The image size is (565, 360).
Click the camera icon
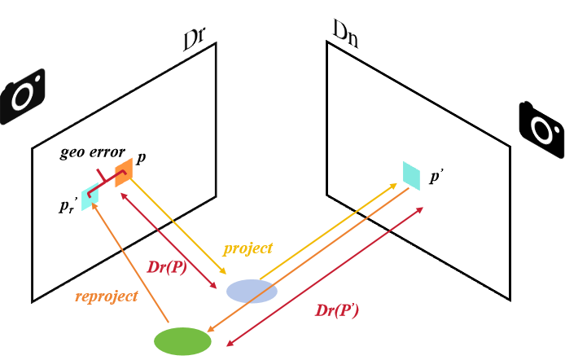(22, 97)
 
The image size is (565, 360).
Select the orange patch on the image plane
(123, 172)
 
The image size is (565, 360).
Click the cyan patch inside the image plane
(90, 197)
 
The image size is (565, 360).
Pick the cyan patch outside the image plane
(411, 175)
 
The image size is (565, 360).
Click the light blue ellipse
(252, 291)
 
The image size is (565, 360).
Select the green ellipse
(183, 341)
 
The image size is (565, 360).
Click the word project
(247, 248)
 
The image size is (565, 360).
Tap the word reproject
(106, 296)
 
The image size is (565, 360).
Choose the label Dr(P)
(167, 267)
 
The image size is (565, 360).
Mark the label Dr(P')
(337, 310)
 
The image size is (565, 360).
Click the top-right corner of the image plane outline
(216, 43)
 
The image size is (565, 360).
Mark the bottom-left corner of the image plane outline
(32, 302)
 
